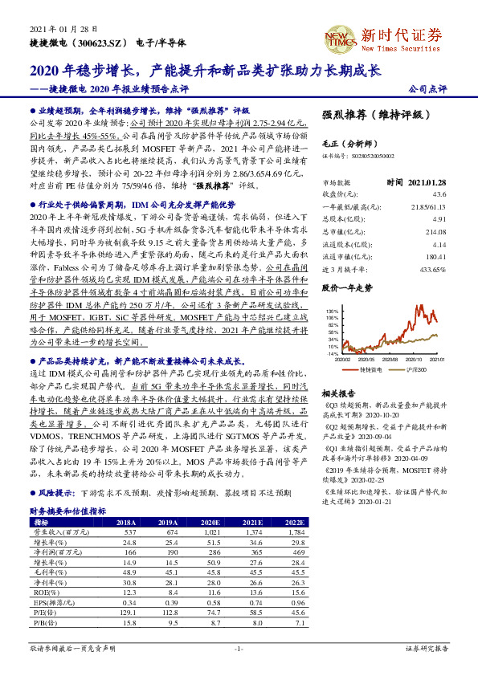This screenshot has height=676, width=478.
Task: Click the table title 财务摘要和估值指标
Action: pyautogui.click(x=67, y=510)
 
